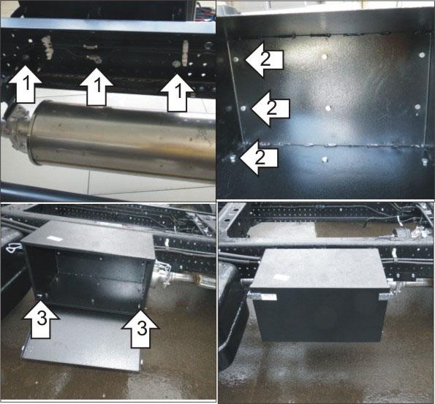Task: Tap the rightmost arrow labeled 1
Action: [x=177, y=93]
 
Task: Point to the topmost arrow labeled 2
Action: [x=265, y=59]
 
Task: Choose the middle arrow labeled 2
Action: [x=271, y=108]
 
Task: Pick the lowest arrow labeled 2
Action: [x=259, y=158]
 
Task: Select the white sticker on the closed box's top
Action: [x=281, y=277]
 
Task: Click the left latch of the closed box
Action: [x=262, y=297]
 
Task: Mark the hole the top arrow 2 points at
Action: [x=236, y=59]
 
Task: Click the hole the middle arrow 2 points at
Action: [x=243, y=108]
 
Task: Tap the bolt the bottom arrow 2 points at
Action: [x=232, y=159]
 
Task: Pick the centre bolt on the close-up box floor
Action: [x=325, y=159]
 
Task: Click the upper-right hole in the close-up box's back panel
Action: [x=423, y=55]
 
